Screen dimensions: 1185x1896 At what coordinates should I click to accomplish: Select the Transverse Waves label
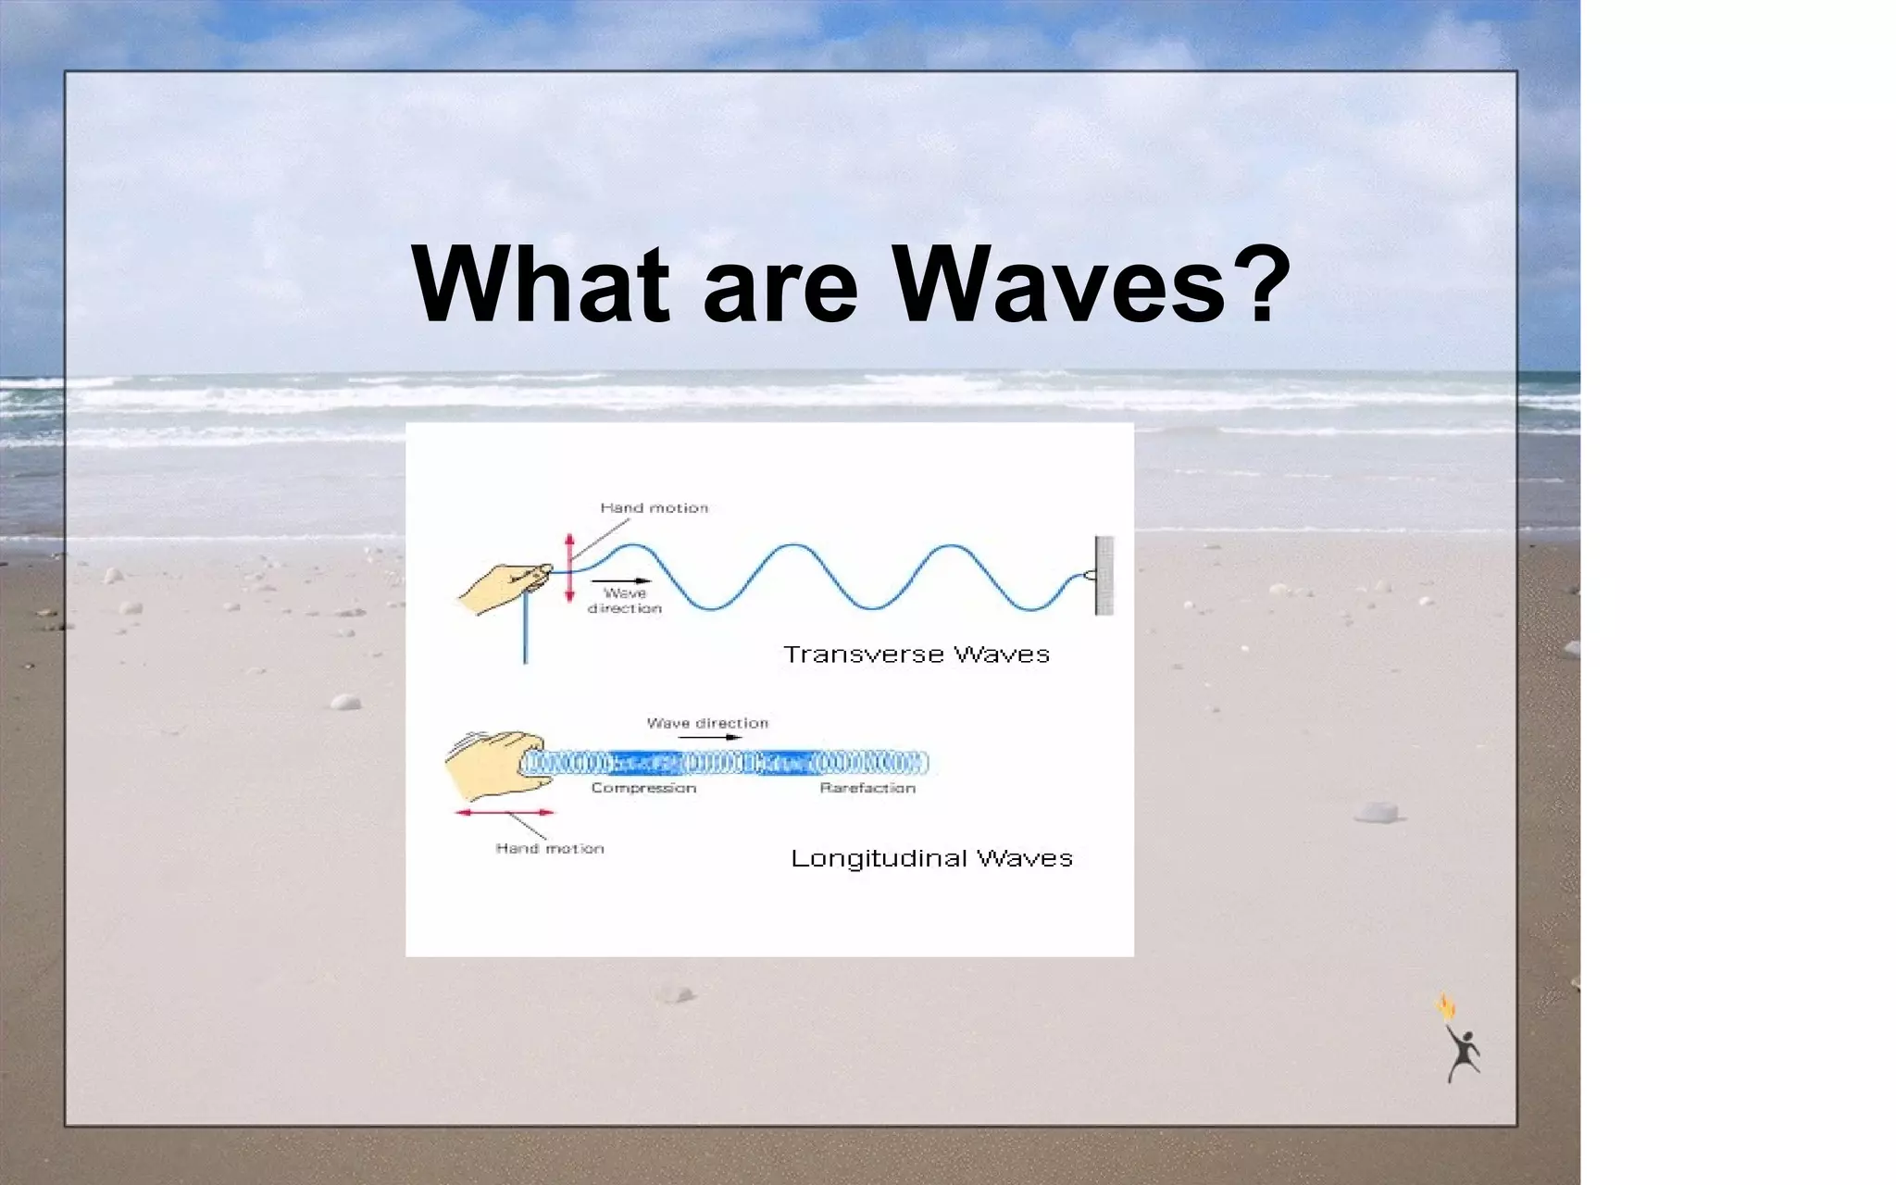pyautogui.click(x=916, y=655)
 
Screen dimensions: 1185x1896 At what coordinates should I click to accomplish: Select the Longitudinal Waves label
pyautogui.click(x=930, y=858)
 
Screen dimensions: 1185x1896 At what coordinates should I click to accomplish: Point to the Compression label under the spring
pyautogui.click(x=643, y=788)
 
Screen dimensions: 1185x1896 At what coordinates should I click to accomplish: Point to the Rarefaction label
pyautogui.click(x=867, y=788)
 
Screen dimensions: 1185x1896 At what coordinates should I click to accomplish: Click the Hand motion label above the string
pyautogui.click(x=654, y=507)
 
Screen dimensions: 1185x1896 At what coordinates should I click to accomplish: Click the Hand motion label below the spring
pyautogui.click(x=549, y=848)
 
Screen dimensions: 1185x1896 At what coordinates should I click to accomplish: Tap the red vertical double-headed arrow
pyautogui.click(x=569, y=568)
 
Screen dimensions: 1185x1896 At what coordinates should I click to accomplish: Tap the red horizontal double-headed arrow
pyautogui.click(x=505, y=812)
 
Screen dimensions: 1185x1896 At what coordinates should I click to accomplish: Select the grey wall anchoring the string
pyautogui.click(x=1104, y=575)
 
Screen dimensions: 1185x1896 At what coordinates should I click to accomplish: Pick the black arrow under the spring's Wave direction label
pyautogui.click(x=708, y=737)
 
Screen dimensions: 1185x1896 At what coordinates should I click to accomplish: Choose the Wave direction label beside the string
pyautogui.click(x=625, y=601)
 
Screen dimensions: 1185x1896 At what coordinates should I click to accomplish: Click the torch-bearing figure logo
pyautogui.click(x=1462, y=1051)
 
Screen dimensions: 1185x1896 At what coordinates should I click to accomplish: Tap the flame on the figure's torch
pyautogui.click(x=1445, y=1007)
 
